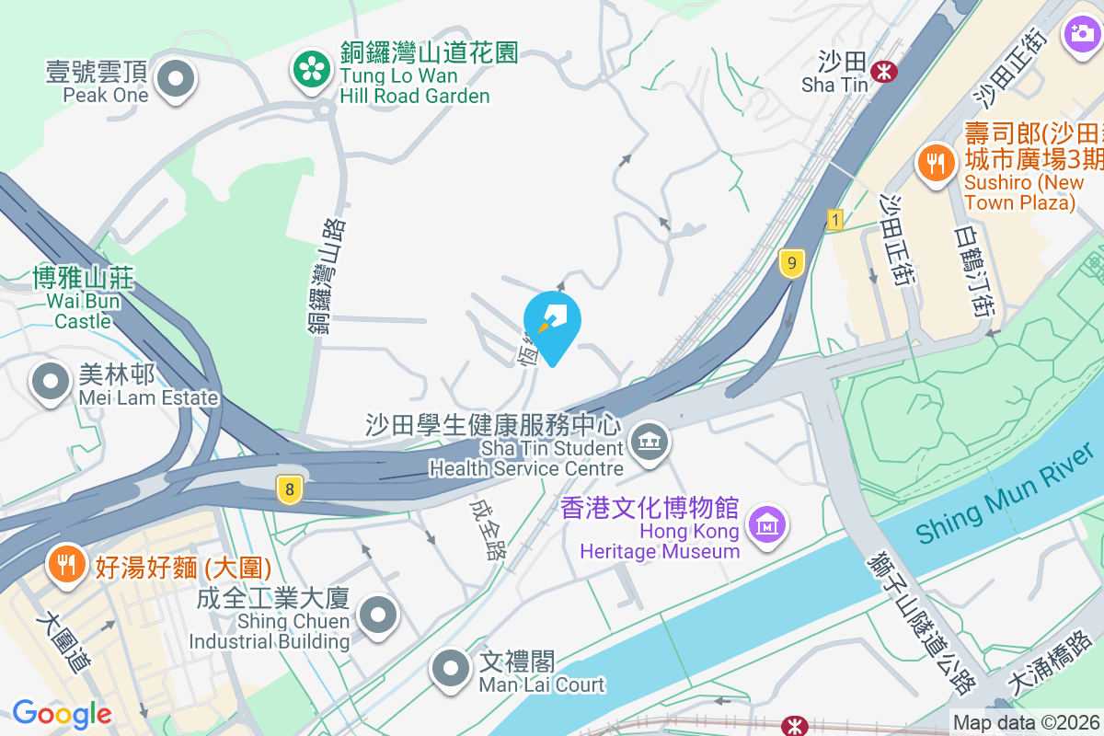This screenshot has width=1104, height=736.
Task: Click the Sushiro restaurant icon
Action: tap(936, 164)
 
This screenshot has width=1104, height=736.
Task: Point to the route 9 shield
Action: tap(791, 263)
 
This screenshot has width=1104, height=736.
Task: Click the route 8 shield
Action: tap(289, 489)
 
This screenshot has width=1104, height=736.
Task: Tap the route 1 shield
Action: tap(834, 220)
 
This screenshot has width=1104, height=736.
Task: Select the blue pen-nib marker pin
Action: tap(552, 323)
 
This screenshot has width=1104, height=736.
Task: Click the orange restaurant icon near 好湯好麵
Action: tap(65, 562)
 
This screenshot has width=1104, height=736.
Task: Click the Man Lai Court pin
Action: tap(450, 668)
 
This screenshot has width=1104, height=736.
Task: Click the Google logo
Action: tap(62, 714)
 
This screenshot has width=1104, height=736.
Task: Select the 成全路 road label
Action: tap(486, 530)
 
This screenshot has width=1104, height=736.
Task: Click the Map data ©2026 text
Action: tap(1026, 723)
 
